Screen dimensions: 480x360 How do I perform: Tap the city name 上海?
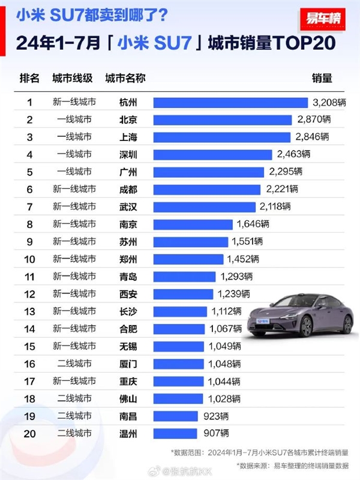(128, 137)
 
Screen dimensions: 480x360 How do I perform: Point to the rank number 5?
(29, 172)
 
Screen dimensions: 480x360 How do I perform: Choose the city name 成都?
(128, 190)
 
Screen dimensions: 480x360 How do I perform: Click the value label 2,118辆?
(275, 207)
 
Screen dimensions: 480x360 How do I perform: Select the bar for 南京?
(193, 224)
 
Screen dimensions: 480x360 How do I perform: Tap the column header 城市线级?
(72, 79)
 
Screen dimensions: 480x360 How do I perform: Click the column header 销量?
(322, 79)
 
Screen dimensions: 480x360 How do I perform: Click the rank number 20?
(29, 433)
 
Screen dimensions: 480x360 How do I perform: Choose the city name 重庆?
(128, 381)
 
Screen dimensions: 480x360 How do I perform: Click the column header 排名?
(29, 79)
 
